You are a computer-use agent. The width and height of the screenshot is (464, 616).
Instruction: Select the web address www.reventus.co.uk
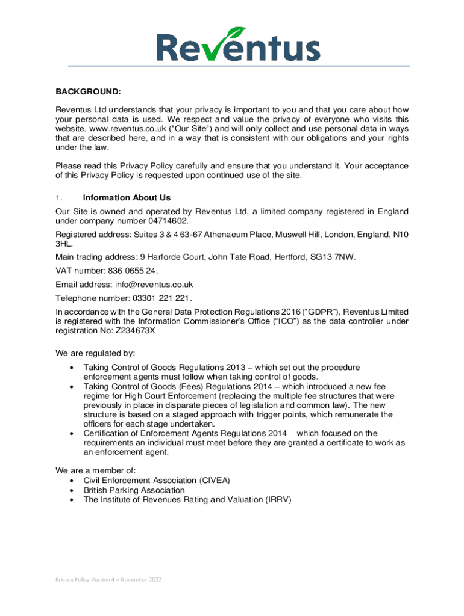pos(128,128)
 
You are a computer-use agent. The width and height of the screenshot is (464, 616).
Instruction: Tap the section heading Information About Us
pos(127,197)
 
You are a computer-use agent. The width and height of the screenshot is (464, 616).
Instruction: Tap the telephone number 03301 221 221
pos(160,298)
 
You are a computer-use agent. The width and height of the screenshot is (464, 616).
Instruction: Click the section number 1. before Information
pos(59,197)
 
